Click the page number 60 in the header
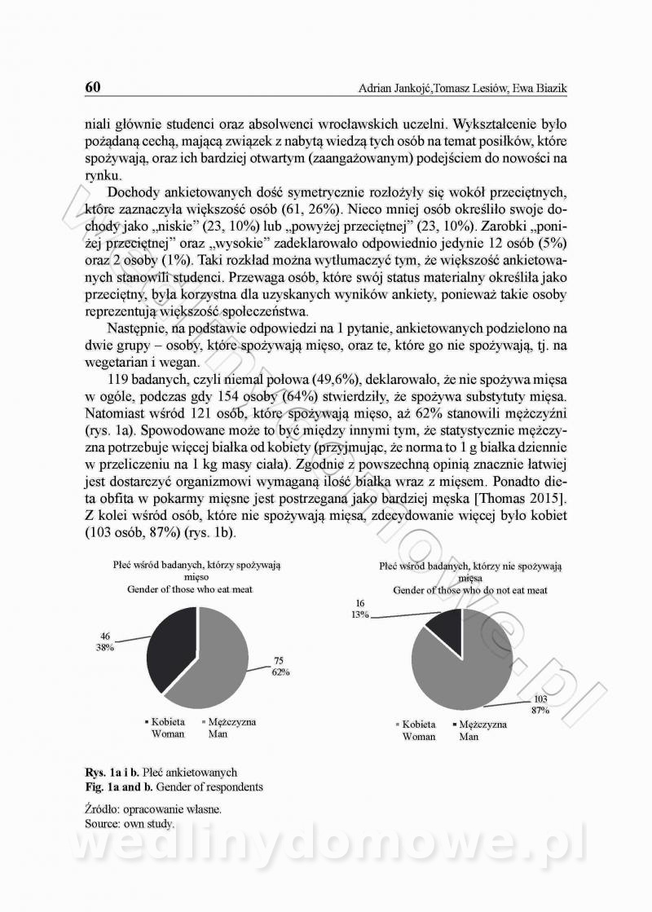pos(92,87)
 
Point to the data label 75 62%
pos(280,667)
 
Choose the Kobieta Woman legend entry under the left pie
pos(167,728)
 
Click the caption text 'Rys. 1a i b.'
pos(111,772)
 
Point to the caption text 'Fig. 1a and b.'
pos(116,787)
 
